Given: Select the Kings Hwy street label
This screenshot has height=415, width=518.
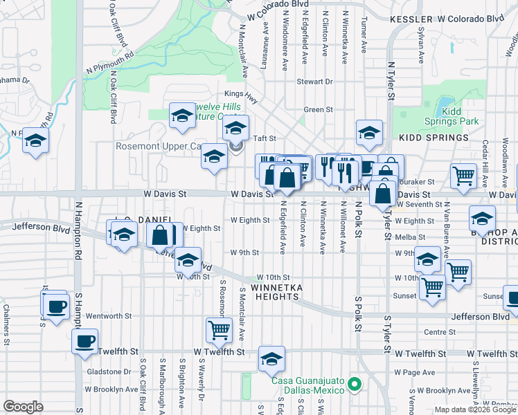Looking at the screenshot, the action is (x=241, y=95).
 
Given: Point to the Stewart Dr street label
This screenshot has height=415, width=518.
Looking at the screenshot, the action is (x=314, y=82).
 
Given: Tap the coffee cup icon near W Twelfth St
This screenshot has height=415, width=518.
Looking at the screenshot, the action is (x=85, y=341).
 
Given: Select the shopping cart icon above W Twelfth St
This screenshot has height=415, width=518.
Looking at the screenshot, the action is (x=219, y=330).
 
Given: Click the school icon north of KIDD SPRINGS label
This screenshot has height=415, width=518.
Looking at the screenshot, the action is (x=369, y=132).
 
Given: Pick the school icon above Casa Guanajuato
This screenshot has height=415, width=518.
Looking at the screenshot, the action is (x=271, y=358).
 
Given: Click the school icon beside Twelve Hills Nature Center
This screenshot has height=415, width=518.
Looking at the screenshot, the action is (x=182, y=115).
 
